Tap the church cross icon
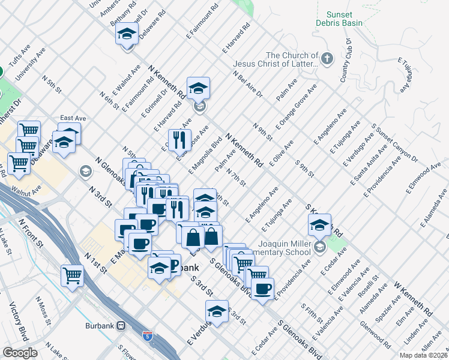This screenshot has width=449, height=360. coord(327,59)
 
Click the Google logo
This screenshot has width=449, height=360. coord(20,353)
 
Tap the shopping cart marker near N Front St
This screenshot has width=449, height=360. coord(72,275)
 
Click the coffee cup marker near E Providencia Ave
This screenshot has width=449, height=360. coord(262,289)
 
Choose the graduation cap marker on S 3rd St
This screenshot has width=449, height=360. coord(216,310)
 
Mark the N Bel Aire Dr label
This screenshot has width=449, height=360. coord(248,84)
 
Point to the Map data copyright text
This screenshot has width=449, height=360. coord(423,355)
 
